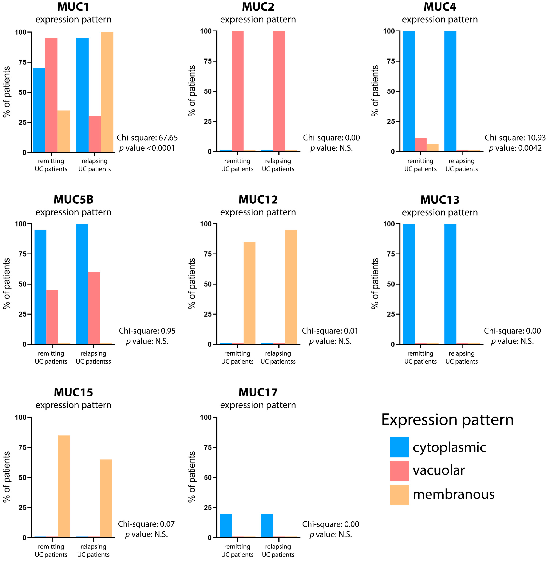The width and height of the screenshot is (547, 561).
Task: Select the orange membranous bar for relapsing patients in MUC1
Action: click(x=107, y=92)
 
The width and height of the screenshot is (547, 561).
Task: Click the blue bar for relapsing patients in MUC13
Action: click(x=450, y=284)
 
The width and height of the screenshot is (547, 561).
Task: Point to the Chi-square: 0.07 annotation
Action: click(x=146, y=524)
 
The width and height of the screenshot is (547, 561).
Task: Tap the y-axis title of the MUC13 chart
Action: click(x=375, y=283)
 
